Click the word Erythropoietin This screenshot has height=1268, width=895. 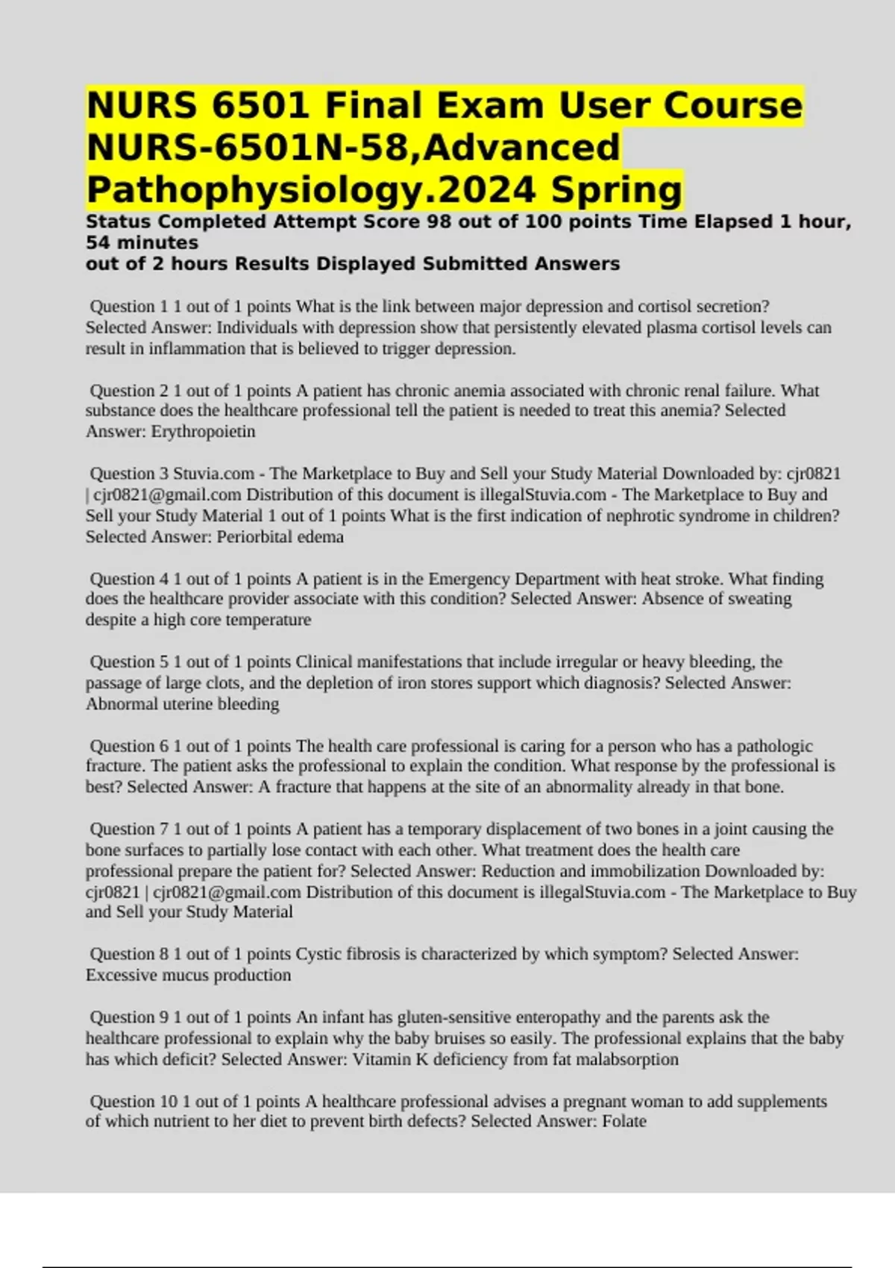tap(203, 432)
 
